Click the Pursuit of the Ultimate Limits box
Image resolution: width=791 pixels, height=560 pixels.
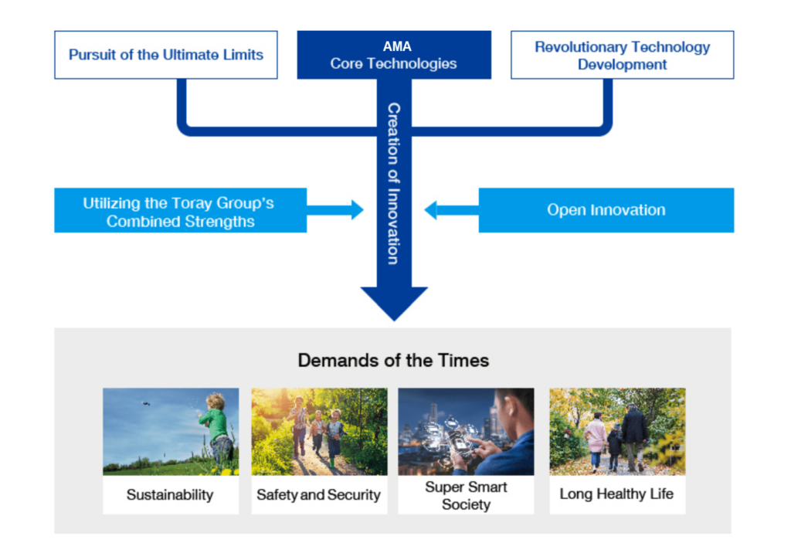pos(166,55)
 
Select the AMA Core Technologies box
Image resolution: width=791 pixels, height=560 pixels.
pos(394,55)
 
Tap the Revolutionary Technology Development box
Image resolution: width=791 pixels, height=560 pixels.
pos(622,55)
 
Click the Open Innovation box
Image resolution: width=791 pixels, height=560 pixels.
pos(606,210)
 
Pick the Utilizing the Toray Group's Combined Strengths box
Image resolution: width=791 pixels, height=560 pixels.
pos(180,210)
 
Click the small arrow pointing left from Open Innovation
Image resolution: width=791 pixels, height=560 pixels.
pos(451,210)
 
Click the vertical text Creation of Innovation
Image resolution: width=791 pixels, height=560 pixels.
pos(394,184)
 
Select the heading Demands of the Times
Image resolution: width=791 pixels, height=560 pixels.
pos(393,360)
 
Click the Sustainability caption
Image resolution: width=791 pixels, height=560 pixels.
pos(170,494)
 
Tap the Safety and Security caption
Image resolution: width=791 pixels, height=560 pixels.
pos(318,494)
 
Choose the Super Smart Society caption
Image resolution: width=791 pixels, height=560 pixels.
pos(466,495)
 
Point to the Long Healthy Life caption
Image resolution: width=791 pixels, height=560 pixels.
pos(616,494)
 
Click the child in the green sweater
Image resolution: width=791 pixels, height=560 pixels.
pos(217,428)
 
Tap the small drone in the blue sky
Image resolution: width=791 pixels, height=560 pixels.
pos(146,403)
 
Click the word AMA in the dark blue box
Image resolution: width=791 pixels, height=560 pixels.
pos(397,46)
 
